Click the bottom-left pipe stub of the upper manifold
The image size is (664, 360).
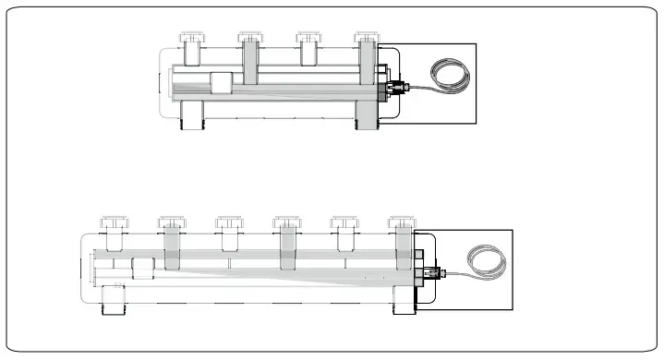192,114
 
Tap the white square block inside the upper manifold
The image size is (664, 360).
222,84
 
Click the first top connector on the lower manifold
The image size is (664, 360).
113,224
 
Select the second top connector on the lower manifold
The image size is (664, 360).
171,224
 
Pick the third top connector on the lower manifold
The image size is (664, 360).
228,224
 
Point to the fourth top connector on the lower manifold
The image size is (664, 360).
286,224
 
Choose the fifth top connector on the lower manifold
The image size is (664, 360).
344,224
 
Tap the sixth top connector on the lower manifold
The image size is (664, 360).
402,224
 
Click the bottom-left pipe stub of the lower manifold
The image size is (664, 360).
113,297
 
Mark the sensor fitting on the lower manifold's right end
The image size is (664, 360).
433,273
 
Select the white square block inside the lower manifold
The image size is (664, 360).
144,269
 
